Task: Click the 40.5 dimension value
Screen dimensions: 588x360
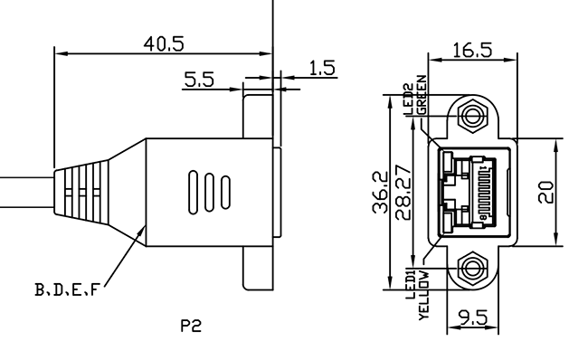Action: coord(164,44)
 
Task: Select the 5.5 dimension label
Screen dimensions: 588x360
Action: coord(199,80)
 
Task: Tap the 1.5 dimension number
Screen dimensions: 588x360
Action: coord(322,68)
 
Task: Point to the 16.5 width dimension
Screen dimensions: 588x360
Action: coord(472,51)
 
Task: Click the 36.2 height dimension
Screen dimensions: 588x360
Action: coord(380,192)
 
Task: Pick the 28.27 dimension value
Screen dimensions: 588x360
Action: coord(403,192)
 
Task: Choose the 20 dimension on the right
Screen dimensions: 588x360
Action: coord(545,192)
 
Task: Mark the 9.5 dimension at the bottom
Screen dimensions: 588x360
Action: coord(473,318)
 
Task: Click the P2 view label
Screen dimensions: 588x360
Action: coord(191,326)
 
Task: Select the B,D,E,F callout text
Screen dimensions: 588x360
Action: coord(67,289)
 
